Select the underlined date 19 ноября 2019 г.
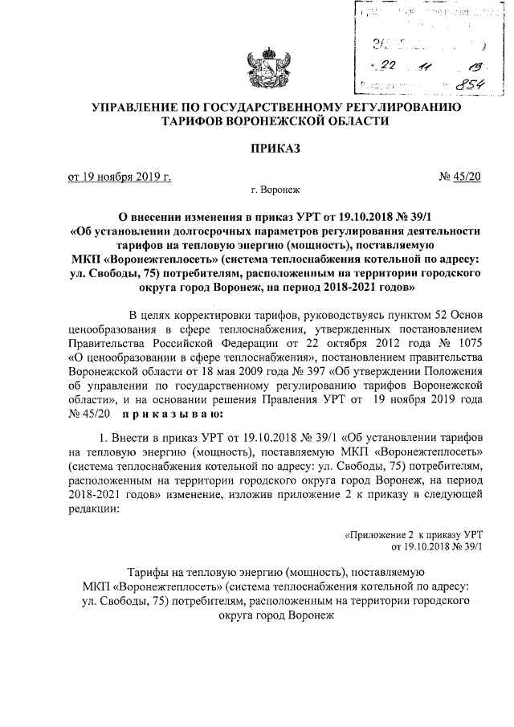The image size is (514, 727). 120,176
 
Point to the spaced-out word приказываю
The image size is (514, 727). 167,415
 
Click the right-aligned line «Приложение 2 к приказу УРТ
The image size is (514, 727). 412,533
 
